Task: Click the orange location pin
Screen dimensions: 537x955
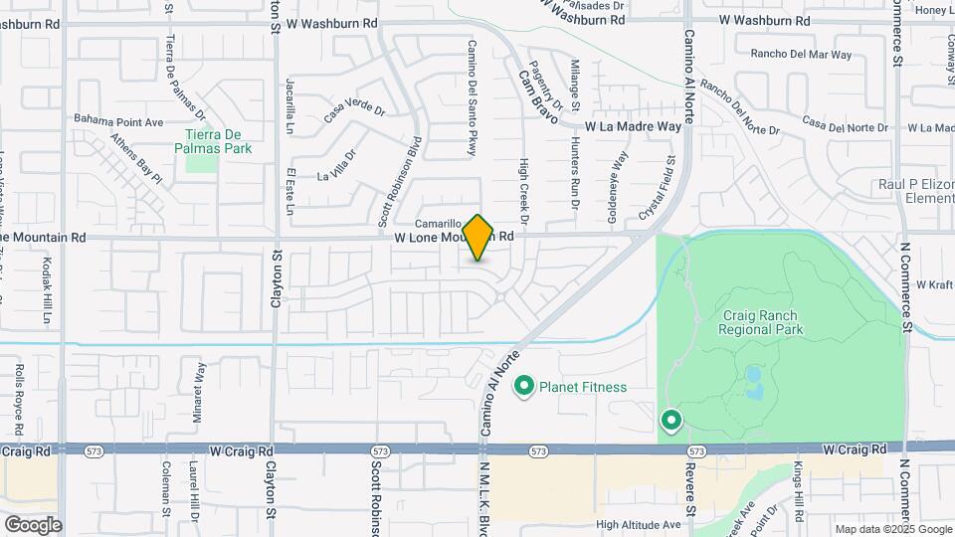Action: (x=478, y=238)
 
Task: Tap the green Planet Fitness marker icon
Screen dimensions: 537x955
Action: (x=523, y=386)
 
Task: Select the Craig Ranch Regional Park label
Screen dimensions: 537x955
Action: (x=761, y=322)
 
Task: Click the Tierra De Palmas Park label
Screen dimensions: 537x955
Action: (x=218, y=141)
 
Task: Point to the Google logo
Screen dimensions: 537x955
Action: (x=32, y=524)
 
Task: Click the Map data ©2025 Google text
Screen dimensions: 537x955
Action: (x=893, y=529)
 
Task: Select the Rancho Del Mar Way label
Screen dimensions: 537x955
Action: (x=802, y=54)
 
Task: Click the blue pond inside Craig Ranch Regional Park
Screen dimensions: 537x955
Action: (x=752, y=381)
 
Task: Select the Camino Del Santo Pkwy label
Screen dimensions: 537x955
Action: (x=473, y=97)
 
